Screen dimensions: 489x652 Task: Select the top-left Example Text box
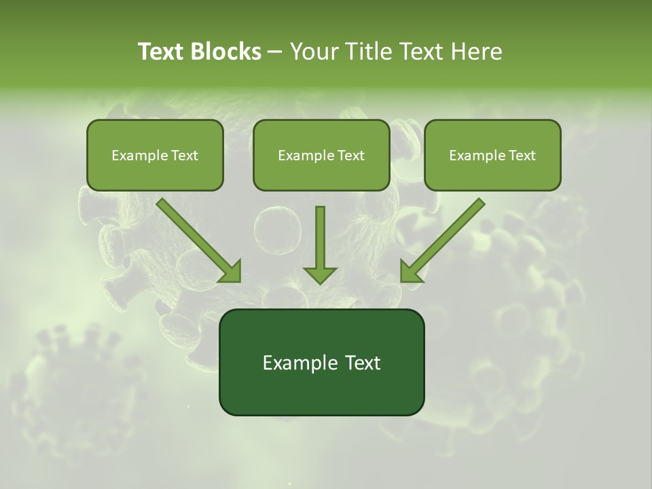pos(155,156)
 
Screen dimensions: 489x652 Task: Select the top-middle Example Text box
pos(321,156)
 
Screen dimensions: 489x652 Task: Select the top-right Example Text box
pos(492,156)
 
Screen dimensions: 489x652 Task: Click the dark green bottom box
pos(321,362)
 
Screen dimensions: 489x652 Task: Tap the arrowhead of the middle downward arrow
pos(320,274)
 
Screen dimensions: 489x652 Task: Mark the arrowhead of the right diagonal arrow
pos(410,272)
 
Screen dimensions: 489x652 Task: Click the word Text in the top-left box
pos(185,156)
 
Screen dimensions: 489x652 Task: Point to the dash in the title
pos(275,52)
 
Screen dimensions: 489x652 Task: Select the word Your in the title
pos(312,52)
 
